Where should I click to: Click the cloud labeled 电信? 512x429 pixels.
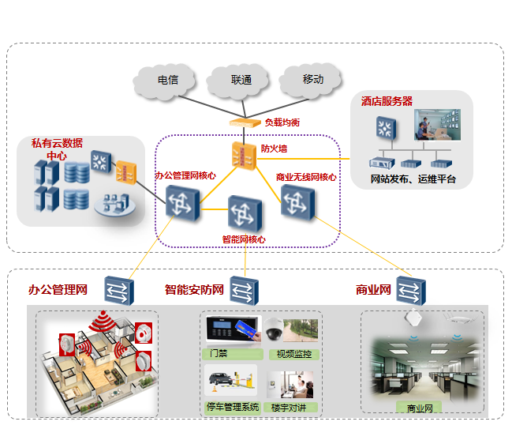[166, 80]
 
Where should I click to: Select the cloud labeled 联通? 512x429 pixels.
[241, 80]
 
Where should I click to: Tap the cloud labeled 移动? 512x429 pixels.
[313, 79]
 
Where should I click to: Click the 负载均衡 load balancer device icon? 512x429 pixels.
[245, 122]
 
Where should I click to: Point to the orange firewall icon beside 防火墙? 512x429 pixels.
[244, 155]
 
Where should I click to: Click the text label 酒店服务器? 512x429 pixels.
[387, 101]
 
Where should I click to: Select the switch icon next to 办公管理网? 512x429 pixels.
[120, 290]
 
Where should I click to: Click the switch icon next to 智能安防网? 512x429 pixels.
[243, 290]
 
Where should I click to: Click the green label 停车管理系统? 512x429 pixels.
[232, 407]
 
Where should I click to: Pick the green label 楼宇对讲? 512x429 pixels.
[291, 407]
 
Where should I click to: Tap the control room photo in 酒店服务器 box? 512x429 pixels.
[437, 125]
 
